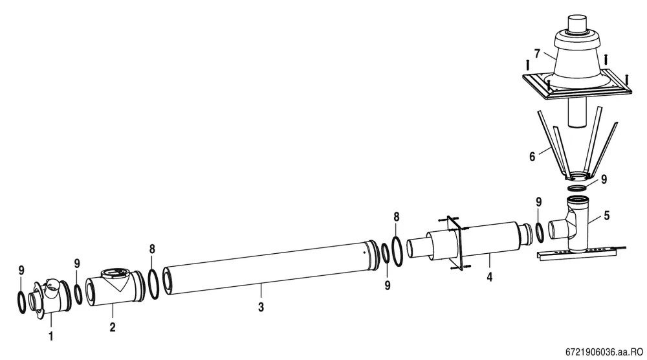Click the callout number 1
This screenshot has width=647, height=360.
pyautogui.click(x=50, y=336)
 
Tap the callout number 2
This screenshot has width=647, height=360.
pyautogui.click(x=113, y=327)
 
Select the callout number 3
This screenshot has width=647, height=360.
pyautogui.click(x=261, y=307)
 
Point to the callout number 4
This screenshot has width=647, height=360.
pyautogui.click(x=489, y=277)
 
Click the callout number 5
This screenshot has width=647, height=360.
pyautogui.click(x=607, y=216)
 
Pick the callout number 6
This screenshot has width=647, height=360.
pyautogui.click(x=532, y=157)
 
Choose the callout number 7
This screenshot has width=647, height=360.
pyautogui.click(x=537, y=54)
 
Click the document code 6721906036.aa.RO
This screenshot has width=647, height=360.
pyautogui.click(x=604, y=352)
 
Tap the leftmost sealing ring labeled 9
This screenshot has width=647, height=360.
pyautogui.click(x=21, y=302)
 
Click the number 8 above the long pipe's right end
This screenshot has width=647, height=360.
pyautogui.click(x=397, y=217)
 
